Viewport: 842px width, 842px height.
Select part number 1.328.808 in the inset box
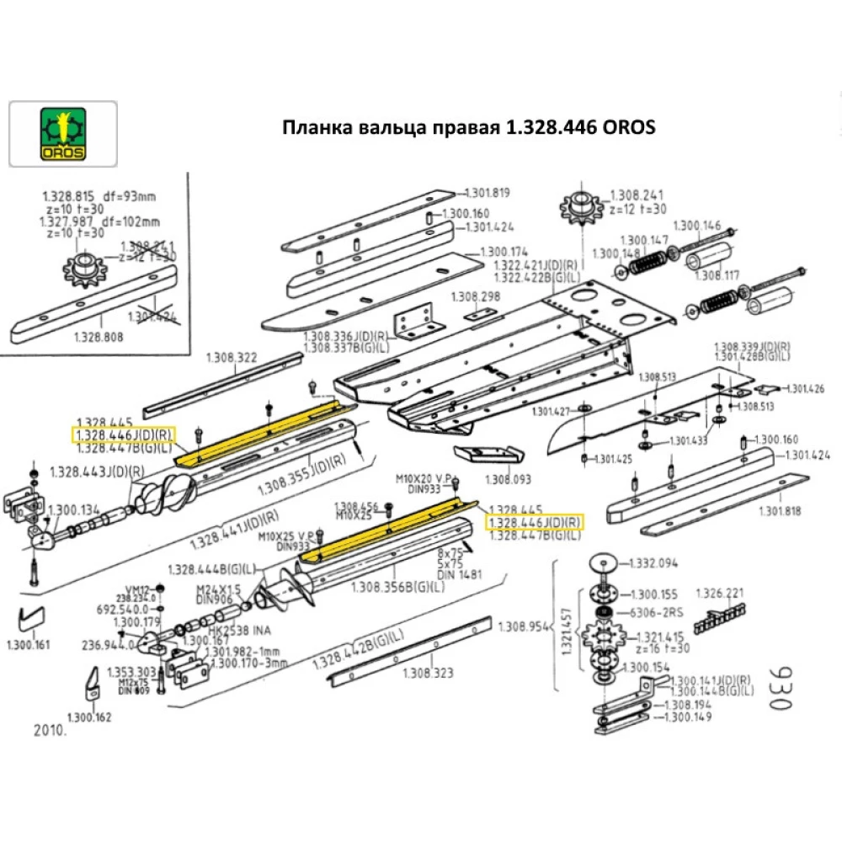99,336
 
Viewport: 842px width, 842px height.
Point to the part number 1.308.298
476,297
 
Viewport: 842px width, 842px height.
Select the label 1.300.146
698,225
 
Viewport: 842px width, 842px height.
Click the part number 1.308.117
716,274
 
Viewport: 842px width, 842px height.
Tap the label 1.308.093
509,479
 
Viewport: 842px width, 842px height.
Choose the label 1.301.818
782,511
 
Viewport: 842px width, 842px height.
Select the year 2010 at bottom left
50,730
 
